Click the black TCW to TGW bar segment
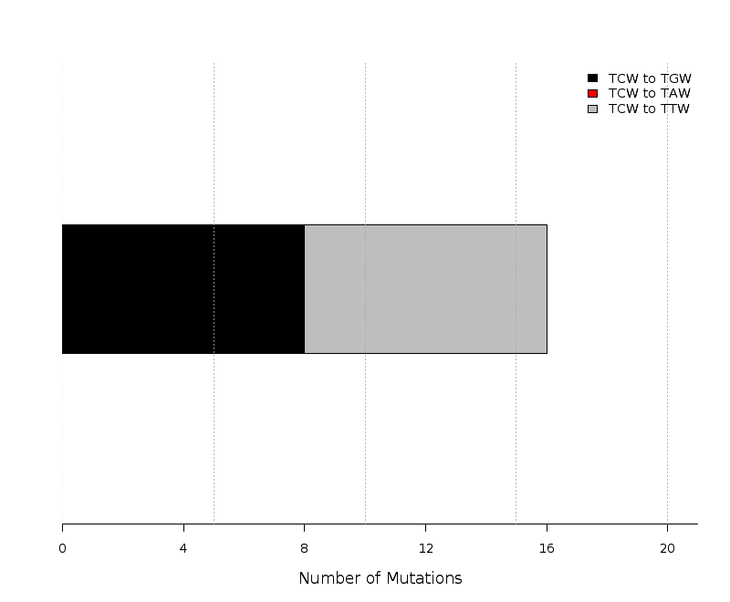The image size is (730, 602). pos(183,289)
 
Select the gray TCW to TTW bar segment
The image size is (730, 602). pos(425,289)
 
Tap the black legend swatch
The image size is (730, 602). pos(592,78)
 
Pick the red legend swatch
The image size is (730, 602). pos(592,94)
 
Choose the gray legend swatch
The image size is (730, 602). pos(592,109)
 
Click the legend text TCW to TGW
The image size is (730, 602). pos(650,78)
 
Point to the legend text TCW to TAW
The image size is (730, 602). pos(649,94)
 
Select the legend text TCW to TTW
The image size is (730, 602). pos(649,109)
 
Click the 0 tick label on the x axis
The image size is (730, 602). pos(62,549)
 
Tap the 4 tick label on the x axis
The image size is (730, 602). pos(183,549)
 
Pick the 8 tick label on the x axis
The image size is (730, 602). pos(305,549)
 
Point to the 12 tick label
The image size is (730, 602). pos(425,549)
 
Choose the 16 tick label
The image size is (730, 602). pos(547,549)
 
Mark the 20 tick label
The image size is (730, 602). pos(667,549)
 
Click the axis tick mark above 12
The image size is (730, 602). pos(425,527)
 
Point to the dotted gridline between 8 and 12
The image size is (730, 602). pos(366,293)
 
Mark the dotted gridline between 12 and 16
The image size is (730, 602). pos(516,293)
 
